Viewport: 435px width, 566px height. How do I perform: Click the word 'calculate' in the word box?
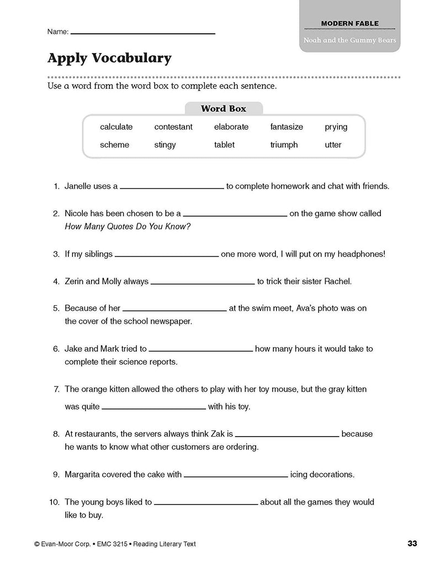click(x=116, y=127)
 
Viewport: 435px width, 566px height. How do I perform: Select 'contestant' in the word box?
click(x=173, y=127)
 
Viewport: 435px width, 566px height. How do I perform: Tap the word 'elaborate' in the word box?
click(x=231, y=127)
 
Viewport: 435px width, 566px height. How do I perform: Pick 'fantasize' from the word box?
click(x=287, y=127)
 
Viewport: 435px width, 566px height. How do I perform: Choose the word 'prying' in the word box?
click(x=336, y=127)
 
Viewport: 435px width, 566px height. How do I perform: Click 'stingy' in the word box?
click(x=165, y=145)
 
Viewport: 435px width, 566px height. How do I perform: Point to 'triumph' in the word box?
click(x=284, y=145)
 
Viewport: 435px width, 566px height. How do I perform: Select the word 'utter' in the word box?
click(x=333, y=145)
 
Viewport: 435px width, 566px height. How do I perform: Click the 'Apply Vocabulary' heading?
click(x=109, y=58)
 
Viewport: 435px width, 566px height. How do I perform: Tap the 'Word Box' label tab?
click(x=223, y=108)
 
